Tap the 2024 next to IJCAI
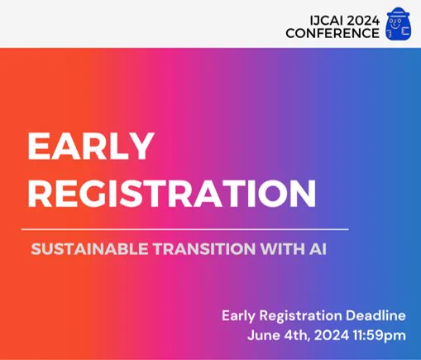363,21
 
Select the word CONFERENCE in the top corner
332,33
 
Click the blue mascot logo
399,24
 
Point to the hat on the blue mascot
399,12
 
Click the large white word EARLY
91,146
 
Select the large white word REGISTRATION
172,193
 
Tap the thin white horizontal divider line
185,229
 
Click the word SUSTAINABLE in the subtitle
89,249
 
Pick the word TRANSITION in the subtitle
204,249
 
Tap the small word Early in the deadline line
238,316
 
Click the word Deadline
376,315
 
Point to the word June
264,336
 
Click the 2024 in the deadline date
332,336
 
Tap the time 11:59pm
380,336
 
